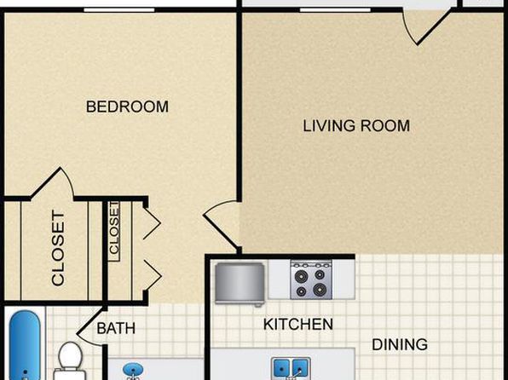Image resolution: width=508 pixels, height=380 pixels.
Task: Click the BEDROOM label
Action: point(127,107)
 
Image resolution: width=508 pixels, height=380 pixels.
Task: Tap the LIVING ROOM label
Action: point(356,126)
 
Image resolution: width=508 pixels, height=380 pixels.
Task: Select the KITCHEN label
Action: point(298,325)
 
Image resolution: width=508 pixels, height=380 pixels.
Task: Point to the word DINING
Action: point(400,345)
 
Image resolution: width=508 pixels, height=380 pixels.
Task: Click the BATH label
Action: point(116,329)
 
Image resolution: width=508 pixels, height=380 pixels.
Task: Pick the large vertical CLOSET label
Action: point(58,249)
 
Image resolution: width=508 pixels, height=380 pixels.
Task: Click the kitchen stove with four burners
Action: point(311,279)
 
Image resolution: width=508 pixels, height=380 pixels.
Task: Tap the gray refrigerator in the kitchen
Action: point(240,284)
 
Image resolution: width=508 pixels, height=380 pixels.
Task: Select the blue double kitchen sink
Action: point(291,368)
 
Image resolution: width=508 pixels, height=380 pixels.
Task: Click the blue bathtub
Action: point(25,345)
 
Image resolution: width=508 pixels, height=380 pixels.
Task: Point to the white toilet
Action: point(70,360)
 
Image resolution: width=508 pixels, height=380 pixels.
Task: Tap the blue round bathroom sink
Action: point(133,371)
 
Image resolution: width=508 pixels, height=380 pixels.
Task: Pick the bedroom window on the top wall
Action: point(119,10)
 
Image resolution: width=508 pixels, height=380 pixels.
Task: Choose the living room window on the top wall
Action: point(335,10)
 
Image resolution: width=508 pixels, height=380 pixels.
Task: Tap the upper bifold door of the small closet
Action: point(152,223)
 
